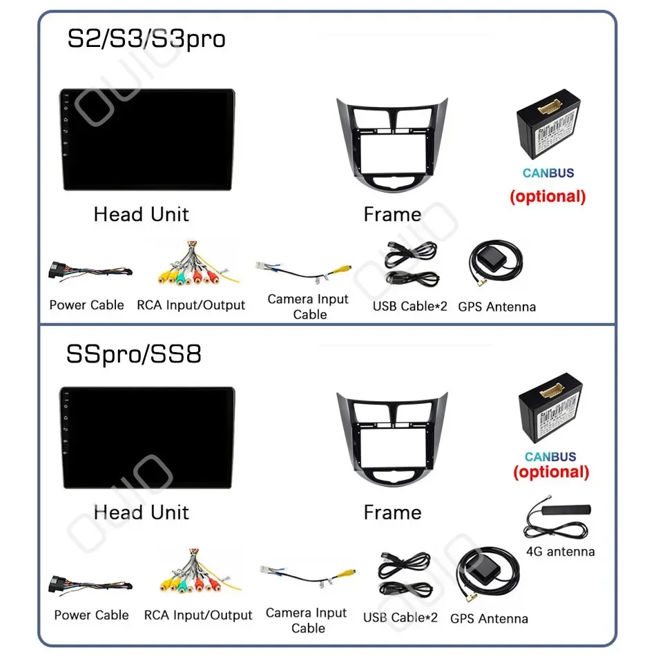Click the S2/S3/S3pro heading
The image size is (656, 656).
[x=146, y=39]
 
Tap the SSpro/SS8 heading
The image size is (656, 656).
[x=134, y=354]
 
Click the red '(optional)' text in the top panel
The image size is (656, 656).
[x=548, y=196]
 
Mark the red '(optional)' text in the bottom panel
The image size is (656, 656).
[x=551, y=472]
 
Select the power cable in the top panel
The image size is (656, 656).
[x=88, y=271]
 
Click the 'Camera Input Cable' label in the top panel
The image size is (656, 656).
[x=308, y=307]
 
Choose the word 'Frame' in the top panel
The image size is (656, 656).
[x=392, y=215]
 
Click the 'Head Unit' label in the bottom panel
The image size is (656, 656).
[x=142, y=513]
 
